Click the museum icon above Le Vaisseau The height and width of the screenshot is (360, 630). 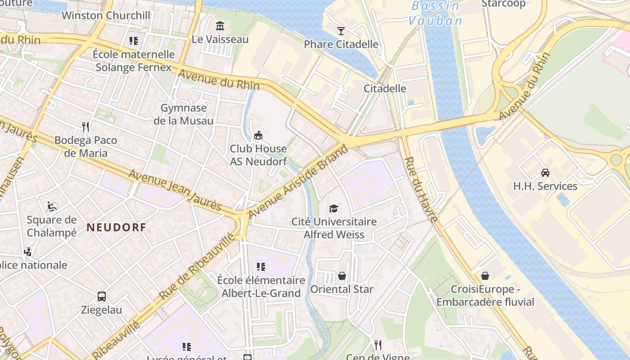(x=220, y=26)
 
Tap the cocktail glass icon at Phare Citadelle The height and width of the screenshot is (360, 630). (x=341, y=31)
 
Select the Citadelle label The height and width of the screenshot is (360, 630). (x=385, y=88)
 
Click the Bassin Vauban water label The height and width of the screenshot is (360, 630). (x=435, y=13)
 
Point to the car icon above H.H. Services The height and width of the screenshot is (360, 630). (x=545, y=172)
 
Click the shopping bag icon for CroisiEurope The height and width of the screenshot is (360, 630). (x=485, y=275)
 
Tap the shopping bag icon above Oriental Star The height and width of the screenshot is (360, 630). (x=342, y=275)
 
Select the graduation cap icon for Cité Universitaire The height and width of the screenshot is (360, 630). (x=333, y=208)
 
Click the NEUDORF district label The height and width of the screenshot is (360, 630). (x=117, y=227)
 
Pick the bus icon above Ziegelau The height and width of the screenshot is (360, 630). (x=102, y=297)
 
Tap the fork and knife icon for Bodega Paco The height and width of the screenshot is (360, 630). (x=85, y=126)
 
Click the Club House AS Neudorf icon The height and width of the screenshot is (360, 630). (x=258, y=135)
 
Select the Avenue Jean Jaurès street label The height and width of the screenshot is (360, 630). (x=175, y=190)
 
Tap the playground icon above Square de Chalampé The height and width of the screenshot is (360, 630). (x=52, y=207)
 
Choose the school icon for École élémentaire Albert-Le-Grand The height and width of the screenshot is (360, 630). (x=261, y=267)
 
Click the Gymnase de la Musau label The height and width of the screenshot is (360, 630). (x=184, y=114)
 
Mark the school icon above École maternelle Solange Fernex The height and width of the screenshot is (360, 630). (x=133, y=41)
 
